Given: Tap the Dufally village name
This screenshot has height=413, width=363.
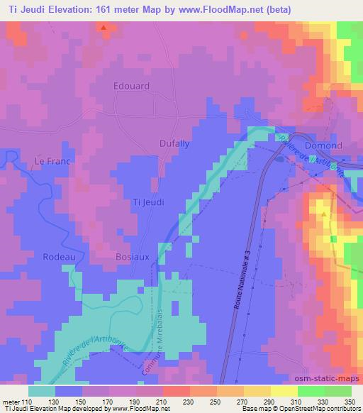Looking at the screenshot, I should pos(173,143).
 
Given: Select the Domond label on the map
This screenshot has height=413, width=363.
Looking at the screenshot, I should pos(323,145).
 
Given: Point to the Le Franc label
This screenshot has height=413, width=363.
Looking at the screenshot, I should pos(52,162).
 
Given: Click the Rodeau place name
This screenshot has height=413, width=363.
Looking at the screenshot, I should pos(57,256).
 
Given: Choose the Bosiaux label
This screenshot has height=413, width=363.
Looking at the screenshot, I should pos(132,256).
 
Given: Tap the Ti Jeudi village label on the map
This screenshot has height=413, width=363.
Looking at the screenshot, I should pos(149,202).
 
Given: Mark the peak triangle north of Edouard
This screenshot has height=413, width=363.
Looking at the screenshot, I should pos(104,28).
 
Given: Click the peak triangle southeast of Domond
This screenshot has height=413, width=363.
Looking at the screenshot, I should pos(324,212).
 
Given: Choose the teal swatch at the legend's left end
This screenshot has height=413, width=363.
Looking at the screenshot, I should pos(42,391).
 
